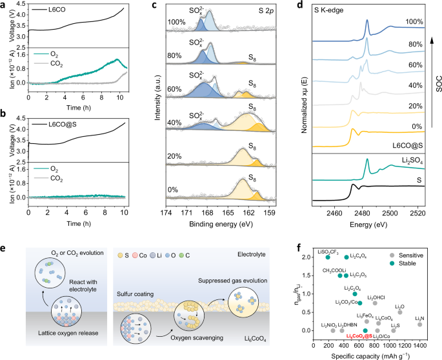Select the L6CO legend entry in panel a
tap(54, 12)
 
